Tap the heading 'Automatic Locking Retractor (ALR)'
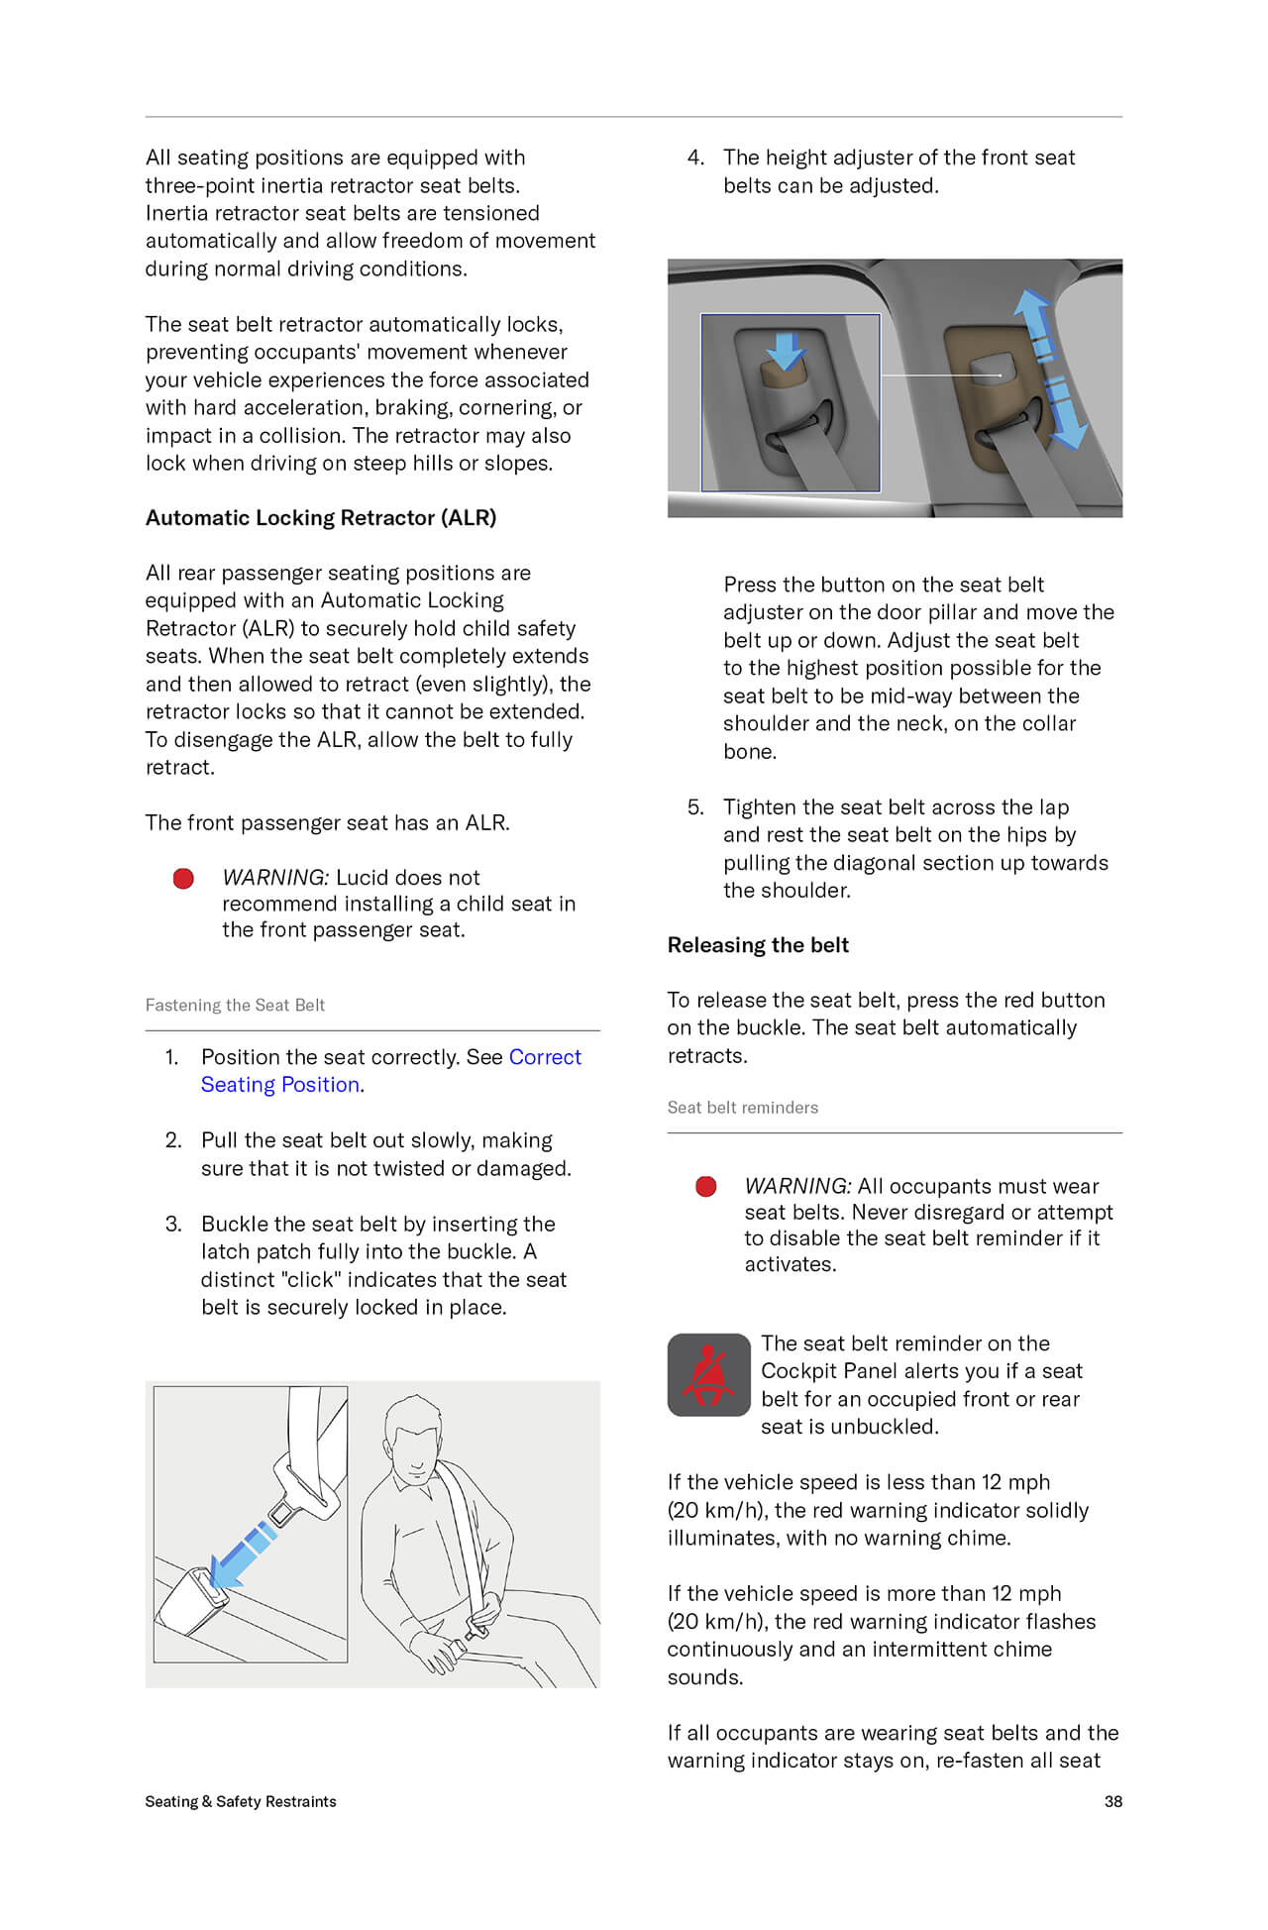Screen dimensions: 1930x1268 point(320,517)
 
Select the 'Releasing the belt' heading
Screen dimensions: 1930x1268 point(758,945)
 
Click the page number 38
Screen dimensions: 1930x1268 point(1112,1801)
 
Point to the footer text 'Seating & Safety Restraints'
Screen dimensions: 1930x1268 point(241,1801)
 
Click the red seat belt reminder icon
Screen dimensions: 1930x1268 point(708,1374)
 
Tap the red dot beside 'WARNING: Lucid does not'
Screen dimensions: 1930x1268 point(183,879)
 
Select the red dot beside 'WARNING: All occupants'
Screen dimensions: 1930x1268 point(706,1187)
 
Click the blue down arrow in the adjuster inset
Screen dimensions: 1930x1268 point(787,350)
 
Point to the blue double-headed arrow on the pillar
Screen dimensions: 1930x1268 point(1051,370)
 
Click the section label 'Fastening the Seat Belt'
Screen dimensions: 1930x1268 point(235,1005)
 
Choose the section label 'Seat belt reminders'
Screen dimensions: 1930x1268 point(742,1108)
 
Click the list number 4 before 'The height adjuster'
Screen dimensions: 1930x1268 point(695,158)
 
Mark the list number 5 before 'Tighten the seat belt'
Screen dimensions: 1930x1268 point(695,807)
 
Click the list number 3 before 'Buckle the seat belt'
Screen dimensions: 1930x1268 point(173,1224)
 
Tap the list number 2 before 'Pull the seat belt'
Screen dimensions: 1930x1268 point(173,1140)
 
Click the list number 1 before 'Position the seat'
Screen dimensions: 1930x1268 point(172,1057)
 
